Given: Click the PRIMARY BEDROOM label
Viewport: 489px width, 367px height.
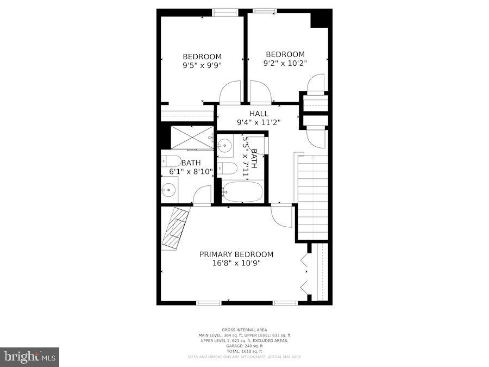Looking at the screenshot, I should coord(236,254).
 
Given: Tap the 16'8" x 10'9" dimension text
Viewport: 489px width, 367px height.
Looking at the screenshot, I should coord(236,263).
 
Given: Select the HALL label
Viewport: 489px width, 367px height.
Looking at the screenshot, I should coord(259,113).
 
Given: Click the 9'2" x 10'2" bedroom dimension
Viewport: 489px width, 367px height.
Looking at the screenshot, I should coord(285,63).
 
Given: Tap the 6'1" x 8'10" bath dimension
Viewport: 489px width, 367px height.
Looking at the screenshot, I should coord(191,172).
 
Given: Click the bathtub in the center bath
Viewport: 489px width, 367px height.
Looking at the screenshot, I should coord(242,192).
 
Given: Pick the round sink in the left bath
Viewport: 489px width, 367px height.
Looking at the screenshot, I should coord(168,190).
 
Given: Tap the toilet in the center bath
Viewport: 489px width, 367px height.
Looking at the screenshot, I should coord(227,169).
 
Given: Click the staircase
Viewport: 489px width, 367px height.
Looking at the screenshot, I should coord(312,196).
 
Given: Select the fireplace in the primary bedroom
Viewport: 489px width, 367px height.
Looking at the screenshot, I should coord(175,227).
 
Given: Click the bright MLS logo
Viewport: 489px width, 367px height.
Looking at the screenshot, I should coord(30,357).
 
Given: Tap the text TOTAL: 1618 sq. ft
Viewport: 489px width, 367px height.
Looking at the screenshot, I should coord(244,351).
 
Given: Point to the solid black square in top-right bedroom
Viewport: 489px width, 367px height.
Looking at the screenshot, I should coord(321,18).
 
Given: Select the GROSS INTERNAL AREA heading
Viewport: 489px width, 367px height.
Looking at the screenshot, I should coord(244,329).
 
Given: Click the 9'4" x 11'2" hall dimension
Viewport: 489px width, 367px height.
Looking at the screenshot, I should coord(259,122).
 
